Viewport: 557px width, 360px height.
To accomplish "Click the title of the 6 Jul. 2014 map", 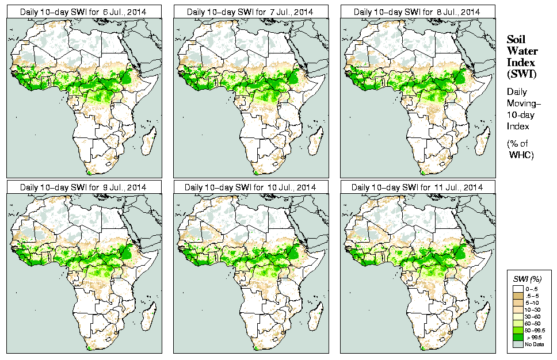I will pos(83,12).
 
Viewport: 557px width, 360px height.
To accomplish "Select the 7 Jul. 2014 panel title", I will pos(250,12).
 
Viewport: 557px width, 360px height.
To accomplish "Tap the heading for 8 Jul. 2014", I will pos(417,12).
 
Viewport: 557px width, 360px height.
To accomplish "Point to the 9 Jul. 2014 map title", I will pos(83,187).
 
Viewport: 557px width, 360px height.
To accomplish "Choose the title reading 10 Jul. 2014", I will pos(250,187).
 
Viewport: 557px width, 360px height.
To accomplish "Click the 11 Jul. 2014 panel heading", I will pos(417,187).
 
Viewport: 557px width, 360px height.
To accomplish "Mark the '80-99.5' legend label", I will pos(533,330).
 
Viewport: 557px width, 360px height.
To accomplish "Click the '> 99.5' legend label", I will pos(532,338).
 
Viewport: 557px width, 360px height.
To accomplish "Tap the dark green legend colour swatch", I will pos(517,338).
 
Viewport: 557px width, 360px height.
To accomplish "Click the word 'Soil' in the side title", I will pos(517,39).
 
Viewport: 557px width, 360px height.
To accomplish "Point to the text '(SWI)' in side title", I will pos(520,74).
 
